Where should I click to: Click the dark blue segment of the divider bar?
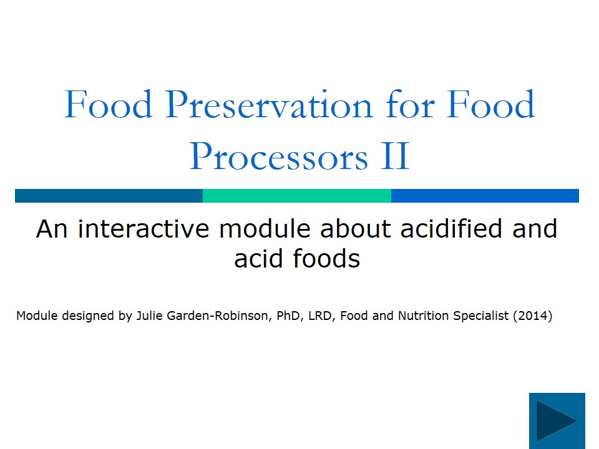109,196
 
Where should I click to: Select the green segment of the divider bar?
296,196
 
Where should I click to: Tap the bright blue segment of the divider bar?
485,196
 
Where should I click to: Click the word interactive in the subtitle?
144,229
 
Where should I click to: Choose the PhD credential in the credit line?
290,316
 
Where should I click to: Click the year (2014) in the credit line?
532,316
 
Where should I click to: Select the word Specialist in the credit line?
480,316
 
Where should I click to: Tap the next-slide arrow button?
557,421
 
